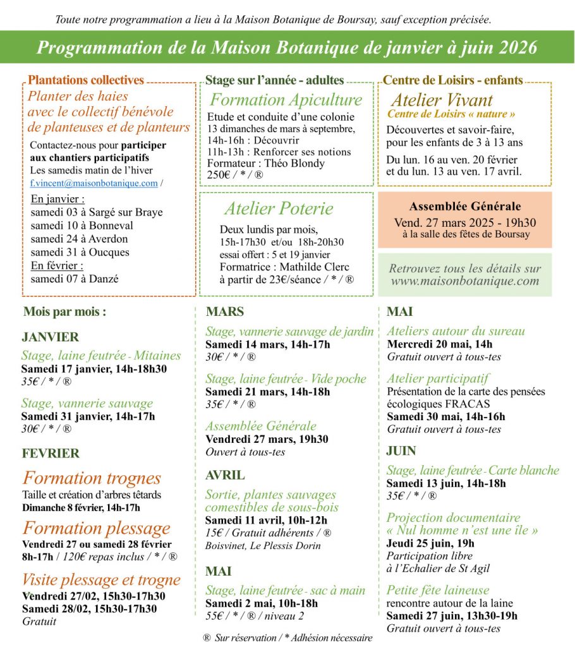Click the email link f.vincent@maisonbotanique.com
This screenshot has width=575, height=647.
click(x=94, y=183)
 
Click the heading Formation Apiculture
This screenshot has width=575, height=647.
click(x=286, y=100)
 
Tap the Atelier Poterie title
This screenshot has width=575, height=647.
click(x=278, y=209)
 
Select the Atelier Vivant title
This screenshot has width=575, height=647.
click(x=441, y=100)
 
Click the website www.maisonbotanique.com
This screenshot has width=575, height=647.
click(x=465, y=281)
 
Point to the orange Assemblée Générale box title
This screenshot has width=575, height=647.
click(x=464, y=206)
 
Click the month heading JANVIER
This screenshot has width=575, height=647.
click(x=50, y=337)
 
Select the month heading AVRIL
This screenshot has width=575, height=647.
click(x=225, y=475)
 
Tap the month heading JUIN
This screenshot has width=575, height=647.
click(x=401, y=450)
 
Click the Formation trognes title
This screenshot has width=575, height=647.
click(x=92, y=478)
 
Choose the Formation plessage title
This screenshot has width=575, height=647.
click(x=96, y=528)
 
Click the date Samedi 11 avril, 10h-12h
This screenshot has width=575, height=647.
click(x=266, y=520)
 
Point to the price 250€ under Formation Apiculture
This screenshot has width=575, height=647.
click(x=219, y=175)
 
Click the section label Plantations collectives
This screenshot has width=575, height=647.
click(x=86, y=80)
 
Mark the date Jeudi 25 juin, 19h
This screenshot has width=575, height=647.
click(x=430, y=543)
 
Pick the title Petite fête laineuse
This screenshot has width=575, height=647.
click(x=438, y=590)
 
